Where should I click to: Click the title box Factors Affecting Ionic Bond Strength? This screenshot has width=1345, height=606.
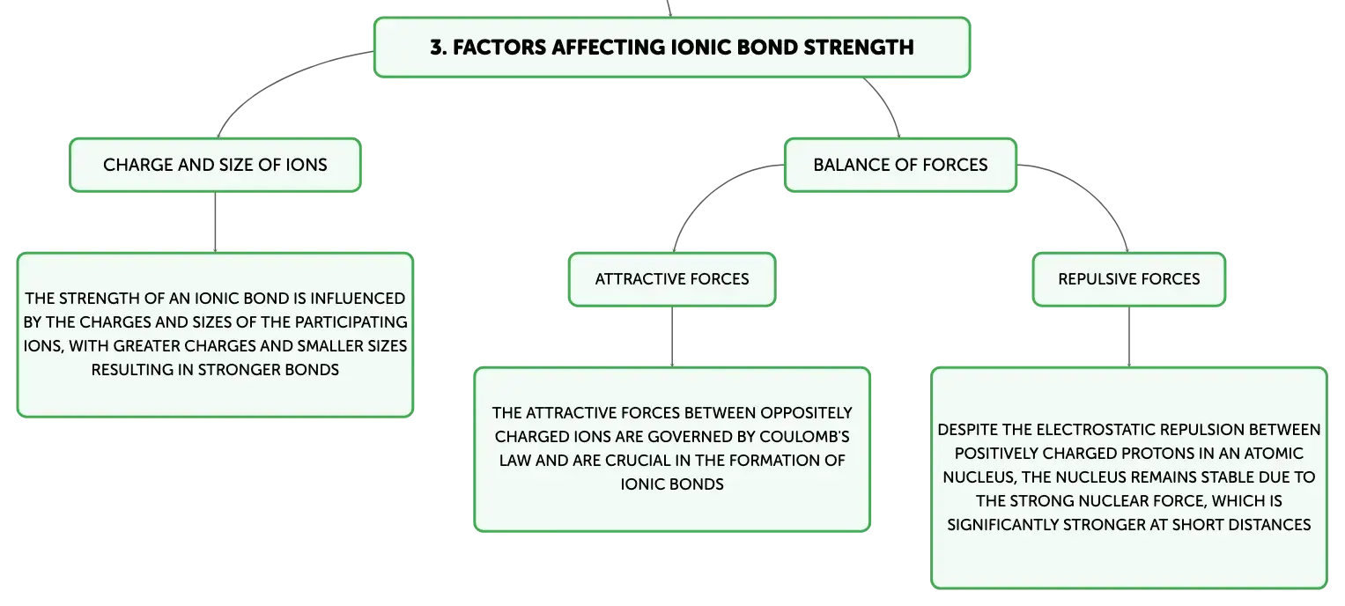pos(672,47)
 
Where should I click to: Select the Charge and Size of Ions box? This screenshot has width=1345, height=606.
pos(215,166)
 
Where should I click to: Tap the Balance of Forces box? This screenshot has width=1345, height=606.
pos(900,166)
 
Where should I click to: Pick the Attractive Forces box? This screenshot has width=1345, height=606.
pos(672,279)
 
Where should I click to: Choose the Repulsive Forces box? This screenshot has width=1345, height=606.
pos(1129,279)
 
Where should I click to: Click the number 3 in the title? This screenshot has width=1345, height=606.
pos(437,48)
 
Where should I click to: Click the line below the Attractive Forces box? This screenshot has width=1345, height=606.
pos(672,336)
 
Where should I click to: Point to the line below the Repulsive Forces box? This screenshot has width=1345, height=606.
pos(1129,336)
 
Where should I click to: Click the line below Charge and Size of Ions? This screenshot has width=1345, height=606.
pos(215,222)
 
